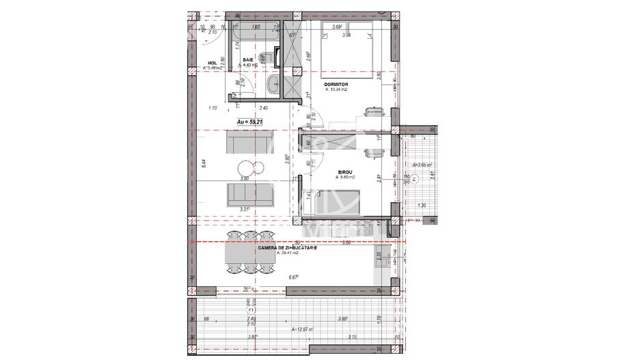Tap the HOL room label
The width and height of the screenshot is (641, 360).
coord(212,63)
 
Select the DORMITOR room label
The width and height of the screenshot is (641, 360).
coord(338,85)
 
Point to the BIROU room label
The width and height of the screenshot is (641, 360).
coord(345,172)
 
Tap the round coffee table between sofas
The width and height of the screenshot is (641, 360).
coord(245,168)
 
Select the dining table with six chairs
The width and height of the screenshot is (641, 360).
coord(235,258)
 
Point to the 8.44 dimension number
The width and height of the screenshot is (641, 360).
coord(204,163)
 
